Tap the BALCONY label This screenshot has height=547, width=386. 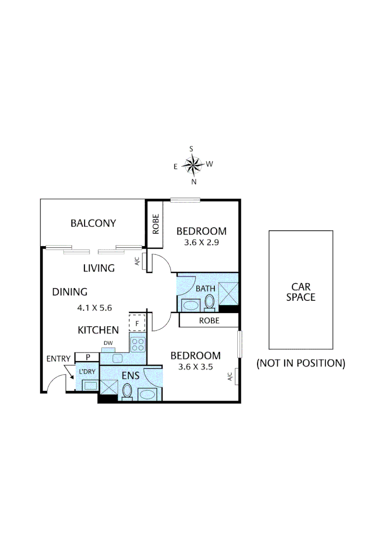[x=94, y=223]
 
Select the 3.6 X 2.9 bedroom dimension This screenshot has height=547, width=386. [x=201, y=242]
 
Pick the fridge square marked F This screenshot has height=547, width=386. [x=137, y=322]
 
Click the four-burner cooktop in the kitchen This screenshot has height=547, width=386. [x=137, y=345]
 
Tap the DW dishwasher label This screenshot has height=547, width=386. [x=108, y=343]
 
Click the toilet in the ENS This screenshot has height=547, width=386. [x=127, y=391]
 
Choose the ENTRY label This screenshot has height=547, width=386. [x=58, y=359]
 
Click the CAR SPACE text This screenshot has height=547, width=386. [x=301, y=292]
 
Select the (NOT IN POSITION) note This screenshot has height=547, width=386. [x=301, y=363]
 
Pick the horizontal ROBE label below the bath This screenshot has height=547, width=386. [x=209, y=320]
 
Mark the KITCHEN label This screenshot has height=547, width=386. [x=98, y=330]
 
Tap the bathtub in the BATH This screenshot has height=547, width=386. [x=191, y=305]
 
